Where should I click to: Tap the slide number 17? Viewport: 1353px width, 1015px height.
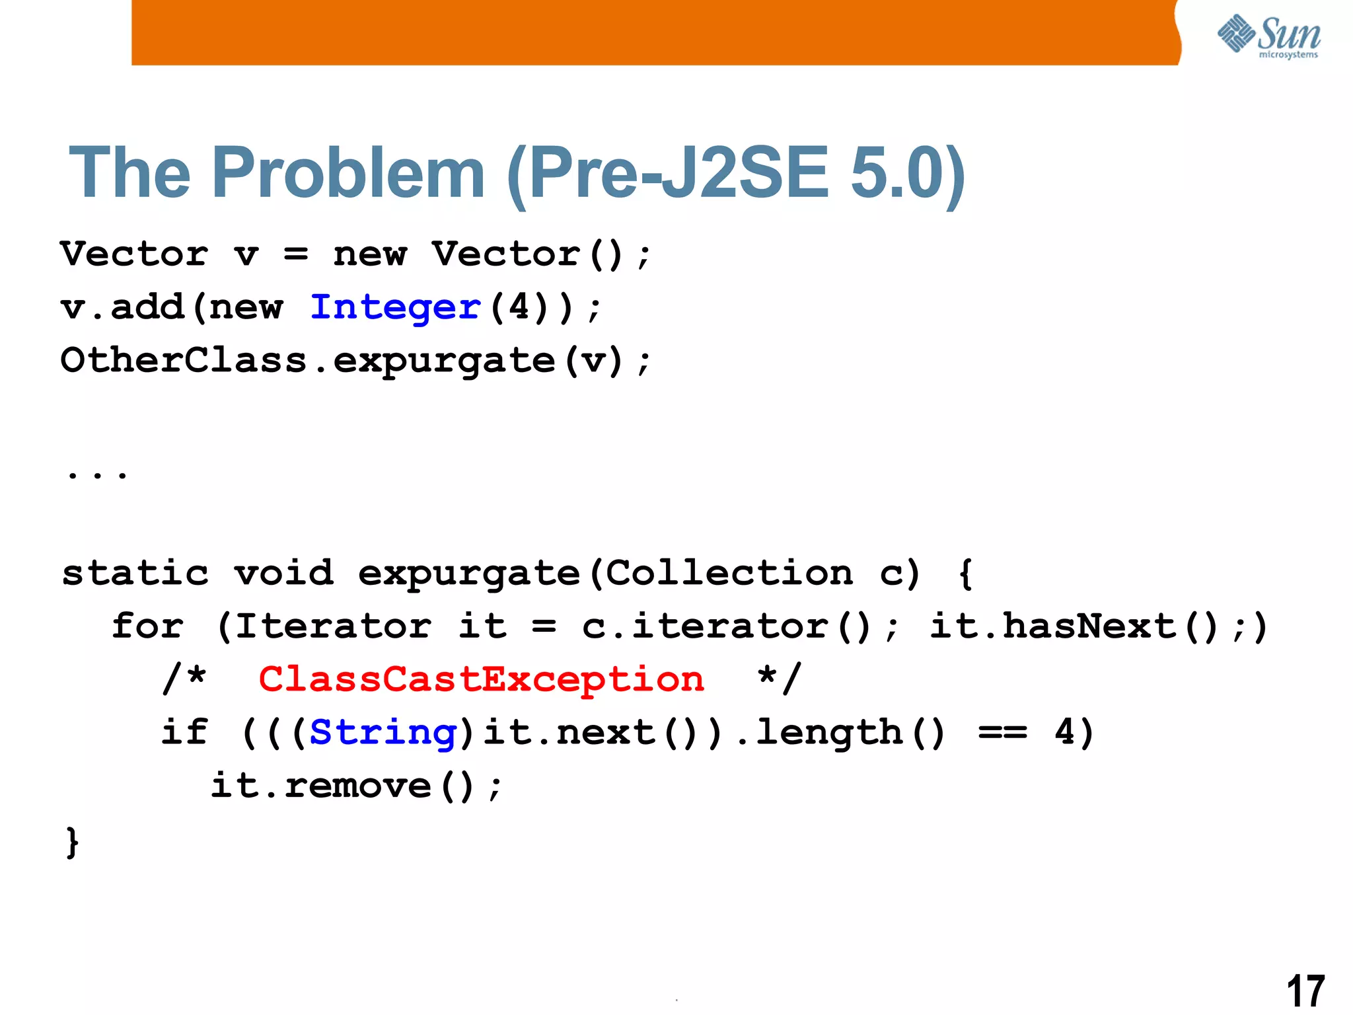pyautogui.click(x=1305, y=991)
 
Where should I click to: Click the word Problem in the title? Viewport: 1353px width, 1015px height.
pyautogui.click(x=348, y=173)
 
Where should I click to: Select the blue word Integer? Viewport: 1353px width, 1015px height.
pyautogui.click(x=396, y=308)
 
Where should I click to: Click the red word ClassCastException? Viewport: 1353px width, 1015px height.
pyautogui.click(x=482, y=679)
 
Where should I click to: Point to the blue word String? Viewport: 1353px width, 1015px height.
pyautogui.click(x=383, y=733)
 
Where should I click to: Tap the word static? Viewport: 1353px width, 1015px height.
pyautogui.click(x=135, y=573)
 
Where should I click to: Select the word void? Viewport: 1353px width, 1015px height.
pyautogui.click(x=284, y=573)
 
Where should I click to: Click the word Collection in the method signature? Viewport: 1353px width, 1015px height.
pyautogui.click(x=729, y=573)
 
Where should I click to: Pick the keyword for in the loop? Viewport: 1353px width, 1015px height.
pyautogui.click(x=148, y=626)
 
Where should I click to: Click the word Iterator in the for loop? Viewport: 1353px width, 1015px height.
pyautogui.click(x=334, y=626)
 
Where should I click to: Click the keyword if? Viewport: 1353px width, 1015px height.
pyautogui.click(x=185, y=733)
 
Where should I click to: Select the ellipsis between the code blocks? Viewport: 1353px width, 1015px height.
pyautogui.click(x=98, y=473)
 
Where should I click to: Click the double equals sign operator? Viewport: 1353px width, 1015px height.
pyautogui.click(x=1003, y=733)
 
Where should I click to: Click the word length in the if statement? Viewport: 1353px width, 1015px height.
pyautogui.click(x=830, y=733)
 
